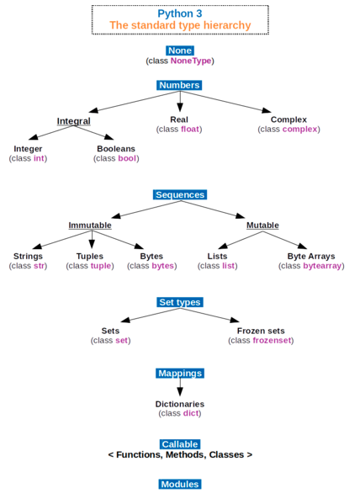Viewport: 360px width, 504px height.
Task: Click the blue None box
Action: (x=180, y=50)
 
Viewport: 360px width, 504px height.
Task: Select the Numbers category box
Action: (x=179, y=85)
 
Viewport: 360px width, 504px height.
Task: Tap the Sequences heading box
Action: (x=180, y=195)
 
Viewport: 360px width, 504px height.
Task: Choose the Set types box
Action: (x=180, y=302)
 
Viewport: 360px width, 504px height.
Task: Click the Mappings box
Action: (x=180, y=374)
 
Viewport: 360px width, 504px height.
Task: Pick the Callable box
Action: (x=180, y=444)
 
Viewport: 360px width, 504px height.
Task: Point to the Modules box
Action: (x=180, y=484)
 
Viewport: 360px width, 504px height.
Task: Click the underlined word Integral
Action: (x=74, y=121)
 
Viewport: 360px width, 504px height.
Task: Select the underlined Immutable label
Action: (x=90, y=225)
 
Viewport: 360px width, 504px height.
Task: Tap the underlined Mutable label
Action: (x=262, y=225)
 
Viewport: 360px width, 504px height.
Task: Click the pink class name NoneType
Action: (x=191, y=61)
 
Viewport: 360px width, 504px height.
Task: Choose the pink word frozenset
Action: (x=272, y=341)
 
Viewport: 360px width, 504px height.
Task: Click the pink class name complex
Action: (x=300, y=130)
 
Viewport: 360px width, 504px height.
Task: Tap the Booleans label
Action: (x=116, y=149)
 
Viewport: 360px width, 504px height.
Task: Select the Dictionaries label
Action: (x=180, y=404)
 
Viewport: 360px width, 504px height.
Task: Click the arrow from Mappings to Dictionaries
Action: (x=180, y=387)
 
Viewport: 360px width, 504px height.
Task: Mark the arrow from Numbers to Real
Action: (x=180, y=101)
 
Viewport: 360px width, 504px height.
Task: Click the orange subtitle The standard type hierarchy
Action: (x=180, y=25)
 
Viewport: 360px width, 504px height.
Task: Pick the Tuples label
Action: (x=90, y=256)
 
